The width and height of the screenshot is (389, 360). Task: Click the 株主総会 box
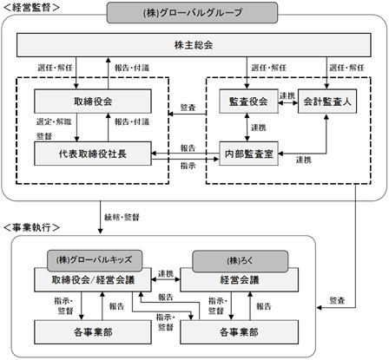click(x=194, y=45)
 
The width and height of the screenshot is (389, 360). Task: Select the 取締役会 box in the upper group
click(x=93, y=101)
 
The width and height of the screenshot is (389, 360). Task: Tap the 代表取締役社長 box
click(x=93, y=154)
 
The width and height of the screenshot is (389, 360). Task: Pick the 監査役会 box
click(x=248, y=101)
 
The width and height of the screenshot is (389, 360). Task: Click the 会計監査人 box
click(x=327, y=101)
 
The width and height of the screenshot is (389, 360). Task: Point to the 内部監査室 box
click(x=248, y=154)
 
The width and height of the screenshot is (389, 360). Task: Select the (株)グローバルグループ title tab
click(x=192, y=13)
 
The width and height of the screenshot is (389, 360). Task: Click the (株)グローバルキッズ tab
click(x=95, y=260)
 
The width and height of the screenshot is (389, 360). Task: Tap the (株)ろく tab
click(x=241, y=261)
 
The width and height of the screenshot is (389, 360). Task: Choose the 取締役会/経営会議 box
click(x=93, y=279)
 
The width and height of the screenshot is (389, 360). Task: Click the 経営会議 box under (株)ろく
click(x=240, y=280)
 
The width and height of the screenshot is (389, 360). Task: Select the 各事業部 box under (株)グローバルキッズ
click(x=93, y=332)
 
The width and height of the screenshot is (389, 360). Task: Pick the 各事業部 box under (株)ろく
click(x=240, y=332)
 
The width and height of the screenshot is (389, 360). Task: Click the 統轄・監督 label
click(x=122, y=217)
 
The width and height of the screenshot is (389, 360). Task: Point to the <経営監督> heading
click(x=31, y=8)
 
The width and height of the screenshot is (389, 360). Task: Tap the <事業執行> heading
click(x=31, y=227)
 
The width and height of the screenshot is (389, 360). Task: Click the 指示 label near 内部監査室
click(x=188, y=166)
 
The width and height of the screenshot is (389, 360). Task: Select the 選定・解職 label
click(x=54, y=121)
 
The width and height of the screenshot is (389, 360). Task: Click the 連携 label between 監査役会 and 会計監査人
click(x=287, y=95)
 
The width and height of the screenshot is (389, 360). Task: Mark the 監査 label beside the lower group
click(x=338, y=300)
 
